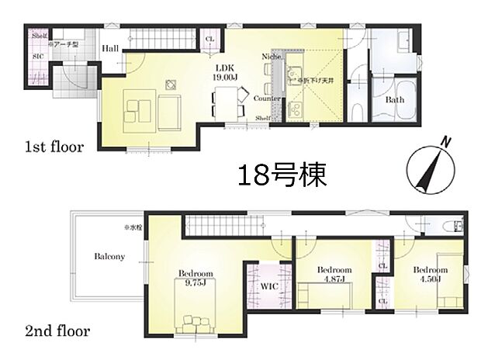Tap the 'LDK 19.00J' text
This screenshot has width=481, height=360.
coord(226,72)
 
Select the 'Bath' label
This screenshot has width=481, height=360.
coord(394,100)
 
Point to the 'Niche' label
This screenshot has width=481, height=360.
coord(272,57)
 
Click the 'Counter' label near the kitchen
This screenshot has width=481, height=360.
coord(266,99)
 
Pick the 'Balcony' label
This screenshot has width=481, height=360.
coord(110,257)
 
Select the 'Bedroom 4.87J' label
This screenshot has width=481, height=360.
coord(334,274)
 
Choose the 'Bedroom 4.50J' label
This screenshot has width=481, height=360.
coord(431,274)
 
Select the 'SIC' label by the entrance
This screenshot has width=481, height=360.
coord(38,56)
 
